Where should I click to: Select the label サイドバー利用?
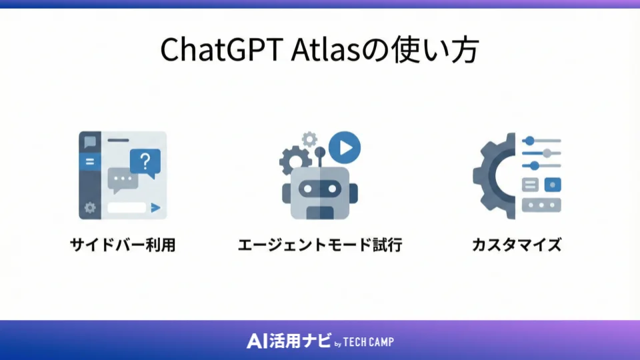point(123,245)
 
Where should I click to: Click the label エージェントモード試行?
point(320,245)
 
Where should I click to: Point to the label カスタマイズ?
point(517,245)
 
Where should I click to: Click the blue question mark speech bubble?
point(146,162)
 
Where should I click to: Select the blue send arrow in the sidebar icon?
point(155,208)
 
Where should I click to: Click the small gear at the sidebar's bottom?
point(90,208)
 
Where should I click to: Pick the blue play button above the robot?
point(345,147)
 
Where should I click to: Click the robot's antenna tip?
point(320,151)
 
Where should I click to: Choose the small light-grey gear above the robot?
point(309,139)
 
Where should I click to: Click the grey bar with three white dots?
point(541,205)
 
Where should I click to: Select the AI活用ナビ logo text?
point(288,341)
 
